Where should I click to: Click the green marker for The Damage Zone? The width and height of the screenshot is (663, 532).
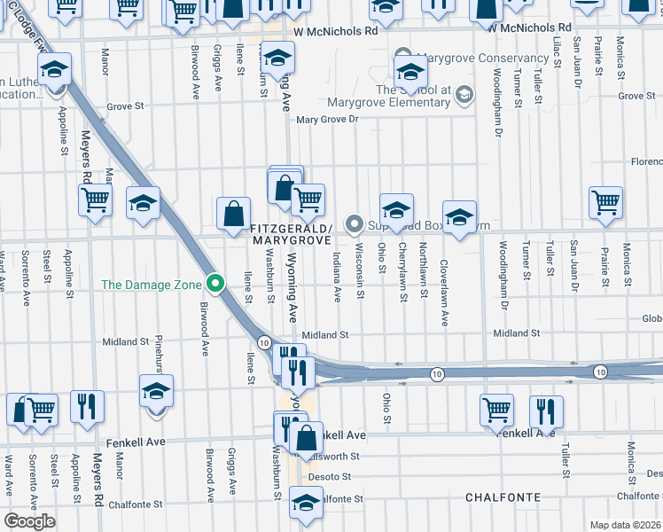(214, 284)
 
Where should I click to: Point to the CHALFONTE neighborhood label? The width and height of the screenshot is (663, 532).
(503, 498)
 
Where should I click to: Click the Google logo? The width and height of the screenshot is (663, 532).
(29, 521)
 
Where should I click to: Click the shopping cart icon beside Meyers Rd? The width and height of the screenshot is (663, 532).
(95, 199)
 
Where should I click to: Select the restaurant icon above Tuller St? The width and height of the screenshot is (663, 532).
(546, 411)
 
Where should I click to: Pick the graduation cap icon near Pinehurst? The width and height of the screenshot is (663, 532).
(156, 390)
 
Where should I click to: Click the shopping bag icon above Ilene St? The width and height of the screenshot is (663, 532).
(232, 214)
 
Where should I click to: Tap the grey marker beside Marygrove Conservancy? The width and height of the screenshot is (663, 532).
(404, 58)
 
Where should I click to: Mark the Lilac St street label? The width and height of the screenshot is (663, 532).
(558, 52)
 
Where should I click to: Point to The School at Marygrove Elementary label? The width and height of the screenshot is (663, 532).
(413, 96)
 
